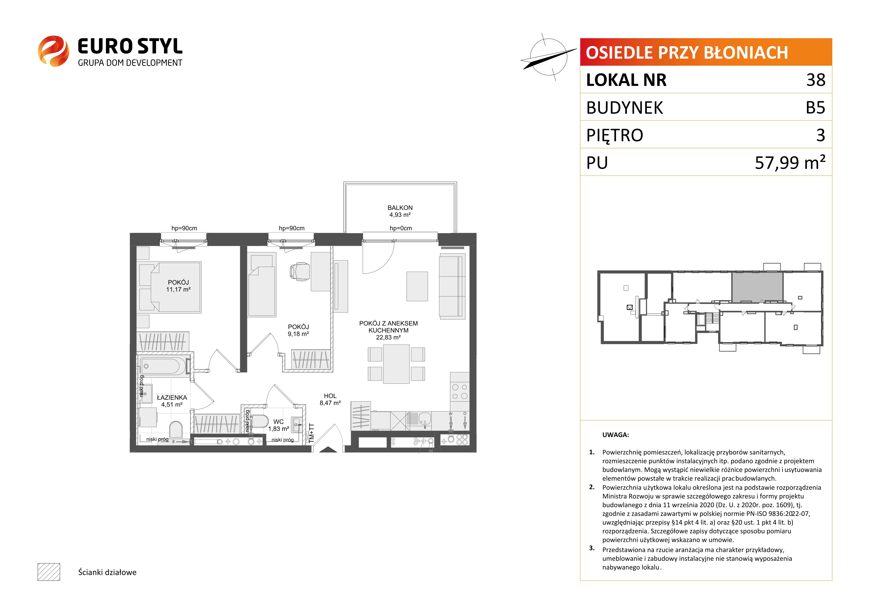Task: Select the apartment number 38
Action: [816, 80]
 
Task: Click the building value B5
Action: [815, 108]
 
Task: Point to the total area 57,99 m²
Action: [790, 162]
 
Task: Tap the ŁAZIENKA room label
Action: [172, 398]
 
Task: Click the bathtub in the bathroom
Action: [164, 366]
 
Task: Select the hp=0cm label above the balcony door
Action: [401, 228]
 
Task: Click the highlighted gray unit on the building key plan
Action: [757, 287]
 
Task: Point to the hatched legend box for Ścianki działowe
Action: [49, 572]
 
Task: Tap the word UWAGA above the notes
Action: [615, 435]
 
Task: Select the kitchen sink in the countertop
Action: [424, 419]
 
